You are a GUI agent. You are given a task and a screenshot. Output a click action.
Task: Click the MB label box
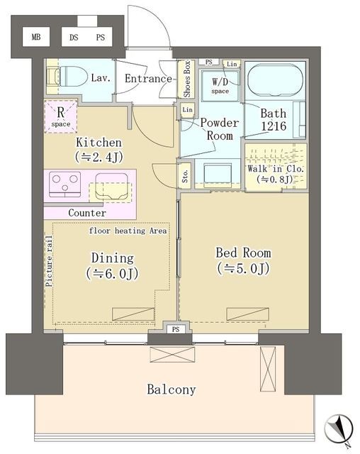pos(36,37)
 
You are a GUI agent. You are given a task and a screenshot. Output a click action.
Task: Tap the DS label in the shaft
pos(74,38)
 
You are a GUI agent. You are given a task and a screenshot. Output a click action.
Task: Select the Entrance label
pos(148,79)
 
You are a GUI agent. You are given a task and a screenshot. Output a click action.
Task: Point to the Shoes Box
pos(187,79)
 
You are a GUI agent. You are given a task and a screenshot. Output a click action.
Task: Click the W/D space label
pos(220,86)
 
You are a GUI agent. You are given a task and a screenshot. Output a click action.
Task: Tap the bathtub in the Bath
pos(275,80)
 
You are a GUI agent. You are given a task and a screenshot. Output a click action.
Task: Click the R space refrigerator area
pos(61,116)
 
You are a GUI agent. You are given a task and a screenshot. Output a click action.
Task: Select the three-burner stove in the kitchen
pos(64,184)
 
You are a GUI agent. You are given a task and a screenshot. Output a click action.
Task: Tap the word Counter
pos(87,213)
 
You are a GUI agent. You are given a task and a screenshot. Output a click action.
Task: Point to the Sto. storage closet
pos(185,175)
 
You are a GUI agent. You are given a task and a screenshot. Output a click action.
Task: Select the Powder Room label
pos(220,129)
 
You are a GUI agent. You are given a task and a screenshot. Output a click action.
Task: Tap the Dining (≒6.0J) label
pos(112,265)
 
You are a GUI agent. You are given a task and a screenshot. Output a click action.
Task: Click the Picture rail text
pos(49,261)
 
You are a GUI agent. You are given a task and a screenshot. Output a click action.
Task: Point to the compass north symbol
pos(339,428)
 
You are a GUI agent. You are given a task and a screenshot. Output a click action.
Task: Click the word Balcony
pos(171,389)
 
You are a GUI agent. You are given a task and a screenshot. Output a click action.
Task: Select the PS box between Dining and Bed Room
pos(176,329)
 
